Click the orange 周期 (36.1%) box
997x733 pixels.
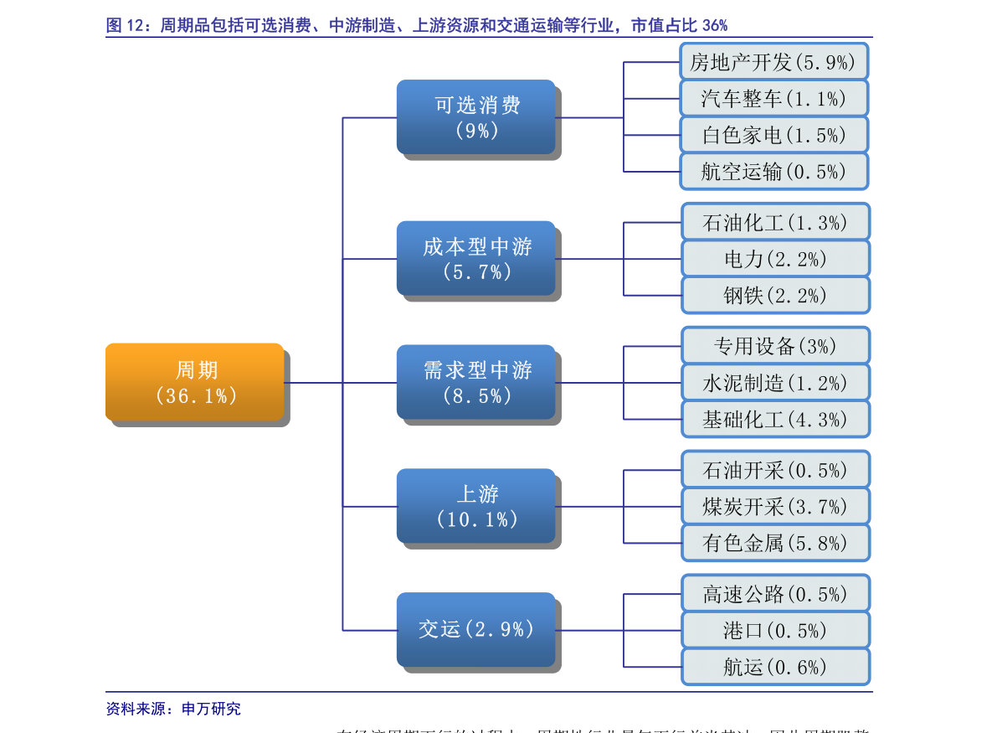coord(194,382)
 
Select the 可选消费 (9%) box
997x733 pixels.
coord(475,116)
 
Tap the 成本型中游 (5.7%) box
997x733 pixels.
coord(475,258)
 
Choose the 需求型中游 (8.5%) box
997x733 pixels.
coord(475,382)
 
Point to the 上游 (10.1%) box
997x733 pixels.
coord(475,506)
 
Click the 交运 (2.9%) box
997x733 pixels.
coord(475,629)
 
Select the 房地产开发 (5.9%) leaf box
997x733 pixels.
coord(773,61)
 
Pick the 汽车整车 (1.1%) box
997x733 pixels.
coord(773,98)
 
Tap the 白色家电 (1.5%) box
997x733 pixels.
coord(773,135)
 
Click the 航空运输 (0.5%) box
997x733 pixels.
coord(773,172)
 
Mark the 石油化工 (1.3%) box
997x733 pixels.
coord(775,222)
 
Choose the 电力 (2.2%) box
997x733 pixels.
coord(775,259)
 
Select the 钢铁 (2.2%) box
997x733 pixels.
coord(775,295)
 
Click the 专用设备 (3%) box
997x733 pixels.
coord(775,346)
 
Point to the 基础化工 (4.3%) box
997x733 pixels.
coord(775,419)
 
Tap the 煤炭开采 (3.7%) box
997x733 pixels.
coord(775,506)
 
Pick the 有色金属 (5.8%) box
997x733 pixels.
coord(775,543)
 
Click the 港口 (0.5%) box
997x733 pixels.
coord(775,630)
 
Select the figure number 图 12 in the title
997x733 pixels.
coord(126,25)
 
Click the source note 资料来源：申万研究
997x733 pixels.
coord(173,709)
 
